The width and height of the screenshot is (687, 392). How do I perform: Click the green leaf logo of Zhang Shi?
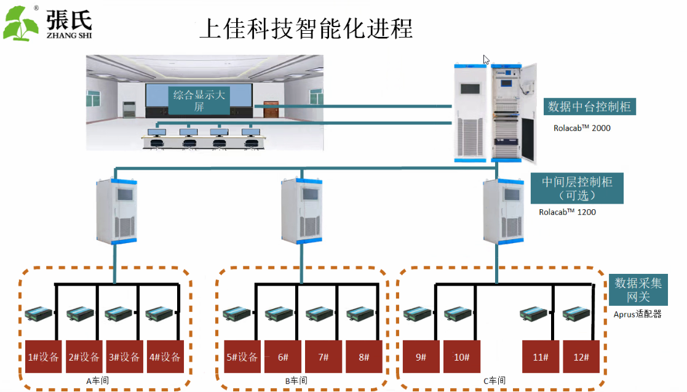pos(20,23)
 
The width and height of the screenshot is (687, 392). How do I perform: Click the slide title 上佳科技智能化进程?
pos(306,29)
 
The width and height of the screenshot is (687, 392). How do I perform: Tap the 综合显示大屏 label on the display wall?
pos(199,100)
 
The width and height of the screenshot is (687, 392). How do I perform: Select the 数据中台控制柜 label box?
pos(589,106)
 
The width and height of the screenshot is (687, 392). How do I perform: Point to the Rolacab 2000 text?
pos(582,128)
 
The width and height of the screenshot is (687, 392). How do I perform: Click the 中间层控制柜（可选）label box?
pos(576,188)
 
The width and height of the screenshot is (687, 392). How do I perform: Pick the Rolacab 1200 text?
pos(568,212)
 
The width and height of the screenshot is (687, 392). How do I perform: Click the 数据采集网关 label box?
pos(638,290)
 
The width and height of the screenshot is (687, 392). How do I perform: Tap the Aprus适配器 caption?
pos(638,314)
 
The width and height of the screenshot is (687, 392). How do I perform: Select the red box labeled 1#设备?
pos(44,356)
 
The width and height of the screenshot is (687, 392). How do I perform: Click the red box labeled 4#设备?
pos(165,356)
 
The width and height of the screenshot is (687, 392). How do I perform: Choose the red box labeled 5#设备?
pos(242,356)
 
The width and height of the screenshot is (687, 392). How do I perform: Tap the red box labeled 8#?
pos(364,356)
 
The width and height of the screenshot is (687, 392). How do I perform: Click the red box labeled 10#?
pos(462,356)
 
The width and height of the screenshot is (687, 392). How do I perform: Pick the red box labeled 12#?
pos(581,356)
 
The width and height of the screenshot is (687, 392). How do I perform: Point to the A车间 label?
pos(97,380)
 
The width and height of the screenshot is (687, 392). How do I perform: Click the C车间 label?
pos(494,380)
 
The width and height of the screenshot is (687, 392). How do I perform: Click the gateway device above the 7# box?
pos(319,314)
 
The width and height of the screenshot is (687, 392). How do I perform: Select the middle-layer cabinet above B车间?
pos(301,210)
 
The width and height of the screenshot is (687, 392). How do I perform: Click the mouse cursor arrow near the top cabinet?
pos(486,60)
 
